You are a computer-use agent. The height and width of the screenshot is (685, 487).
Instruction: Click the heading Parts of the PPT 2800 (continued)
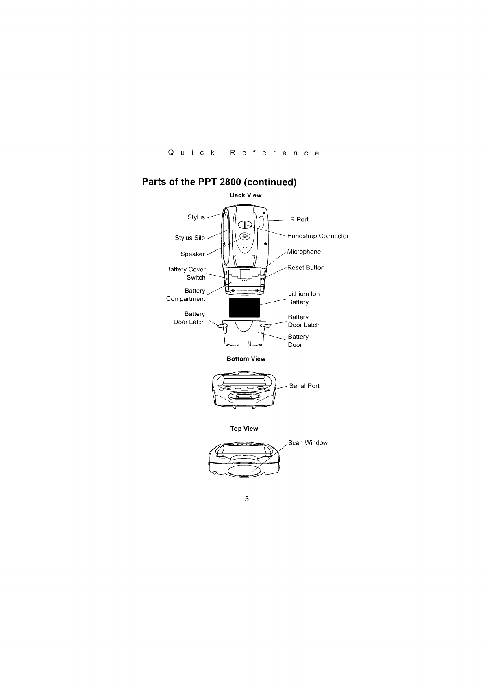point(219,182)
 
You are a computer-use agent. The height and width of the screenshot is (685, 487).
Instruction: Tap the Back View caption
point(245,195)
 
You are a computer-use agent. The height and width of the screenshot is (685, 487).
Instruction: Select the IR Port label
point(298,219)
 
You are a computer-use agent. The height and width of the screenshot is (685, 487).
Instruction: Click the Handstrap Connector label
point(317,236)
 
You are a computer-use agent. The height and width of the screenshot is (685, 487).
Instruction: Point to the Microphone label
point(304,252)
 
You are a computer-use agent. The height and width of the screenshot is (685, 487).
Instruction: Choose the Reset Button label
point(306,267)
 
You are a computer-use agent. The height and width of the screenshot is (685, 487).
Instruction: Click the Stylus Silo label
point(190,238)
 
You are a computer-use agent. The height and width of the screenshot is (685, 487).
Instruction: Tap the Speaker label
point(193,254)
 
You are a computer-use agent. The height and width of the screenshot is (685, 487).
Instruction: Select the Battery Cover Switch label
point(186,274)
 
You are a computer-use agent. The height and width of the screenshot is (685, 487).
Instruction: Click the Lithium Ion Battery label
point(304,298)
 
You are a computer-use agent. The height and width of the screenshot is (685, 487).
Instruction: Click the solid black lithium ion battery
point(244,307)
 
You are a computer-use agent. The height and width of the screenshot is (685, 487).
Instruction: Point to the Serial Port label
point(304,386)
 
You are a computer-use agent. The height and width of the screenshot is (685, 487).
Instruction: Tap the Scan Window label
point(308,443)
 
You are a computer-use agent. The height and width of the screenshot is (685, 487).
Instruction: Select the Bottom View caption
point(246,359)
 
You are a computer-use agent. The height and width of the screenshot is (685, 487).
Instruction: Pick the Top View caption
point(244,429)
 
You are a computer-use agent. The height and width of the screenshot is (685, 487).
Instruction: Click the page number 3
point(247,499)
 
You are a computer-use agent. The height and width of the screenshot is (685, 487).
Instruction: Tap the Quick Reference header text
point(244,153)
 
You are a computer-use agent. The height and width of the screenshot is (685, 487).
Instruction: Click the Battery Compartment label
point(186,295)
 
